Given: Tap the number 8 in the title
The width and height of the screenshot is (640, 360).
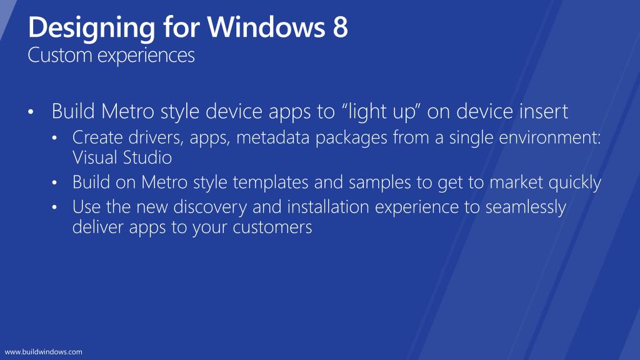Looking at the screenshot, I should [x=339, y=28].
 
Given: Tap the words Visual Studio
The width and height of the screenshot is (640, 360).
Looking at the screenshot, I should [x=122, y=157].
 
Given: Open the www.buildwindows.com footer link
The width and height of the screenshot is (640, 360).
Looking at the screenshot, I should [x=44, y=352].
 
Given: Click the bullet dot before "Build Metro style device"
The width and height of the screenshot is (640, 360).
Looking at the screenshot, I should [x=31, y=113].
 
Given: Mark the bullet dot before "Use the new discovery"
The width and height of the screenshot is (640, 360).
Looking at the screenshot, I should [x=56, y=208].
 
